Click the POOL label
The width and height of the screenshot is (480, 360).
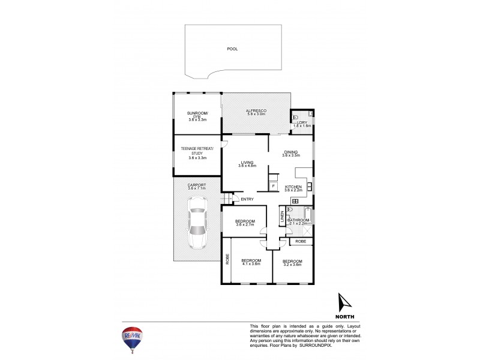232,49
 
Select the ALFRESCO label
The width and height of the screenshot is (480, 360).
256,112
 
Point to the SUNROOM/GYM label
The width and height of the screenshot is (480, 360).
196,114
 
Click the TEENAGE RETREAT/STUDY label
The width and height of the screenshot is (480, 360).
197,151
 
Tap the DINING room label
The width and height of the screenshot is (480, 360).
292,152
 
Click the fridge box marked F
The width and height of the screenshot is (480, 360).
274,187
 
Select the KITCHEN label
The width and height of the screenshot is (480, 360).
293,187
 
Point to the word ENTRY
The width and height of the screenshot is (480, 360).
247,199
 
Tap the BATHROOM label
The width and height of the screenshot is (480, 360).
298,220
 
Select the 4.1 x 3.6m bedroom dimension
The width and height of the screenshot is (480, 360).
251,264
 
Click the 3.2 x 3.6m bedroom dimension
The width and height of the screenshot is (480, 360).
292,264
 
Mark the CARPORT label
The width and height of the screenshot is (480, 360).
197,185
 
